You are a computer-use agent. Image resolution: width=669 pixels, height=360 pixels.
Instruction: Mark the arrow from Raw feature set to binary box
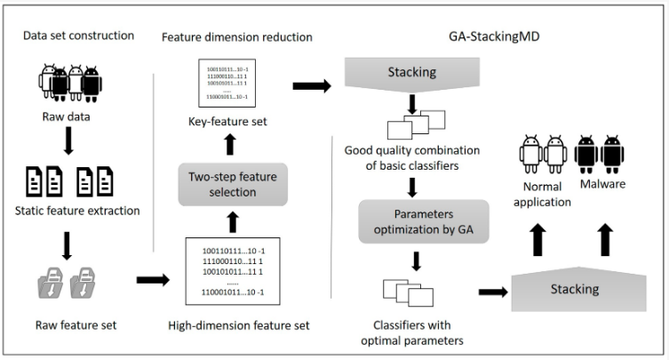tap(152, 280)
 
